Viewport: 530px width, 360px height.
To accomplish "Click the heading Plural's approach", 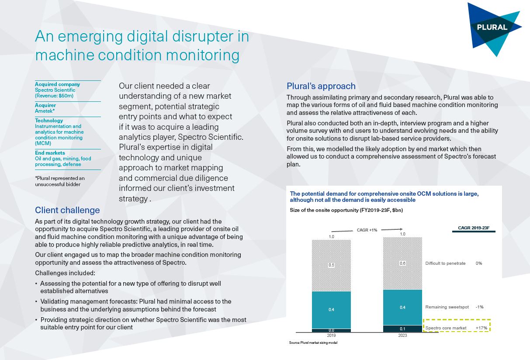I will tap(321, 86).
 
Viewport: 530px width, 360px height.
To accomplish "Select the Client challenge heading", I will tap(67, 210).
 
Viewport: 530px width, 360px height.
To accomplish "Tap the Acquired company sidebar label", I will tap(57, 84).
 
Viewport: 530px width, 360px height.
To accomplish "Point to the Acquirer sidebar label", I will tap(45, 105).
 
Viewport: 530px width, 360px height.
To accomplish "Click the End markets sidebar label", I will tap(50, 153).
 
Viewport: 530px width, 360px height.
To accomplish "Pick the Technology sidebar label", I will tap(49, 121).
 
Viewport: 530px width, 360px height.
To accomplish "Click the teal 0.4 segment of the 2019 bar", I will tap(331, 309).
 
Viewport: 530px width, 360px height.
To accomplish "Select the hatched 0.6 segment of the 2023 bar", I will tap(402, 263).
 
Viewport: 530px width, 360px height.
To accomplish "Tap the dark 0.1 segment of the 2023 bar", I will tap(402, 329).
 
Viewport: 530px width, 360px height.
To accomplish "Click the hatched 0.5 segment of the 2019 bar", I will tap(331, 265).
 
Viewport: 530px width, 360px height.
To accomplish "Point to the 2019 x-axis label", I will tap(331, 336).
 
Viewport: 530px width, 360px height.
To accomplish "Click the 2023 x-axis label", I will tap(402, 336).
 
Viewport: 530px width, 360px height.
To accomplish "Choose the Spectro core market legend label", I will tap(446, 328).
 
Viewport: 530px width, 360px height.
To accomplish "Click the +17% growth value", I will tap(481, 328).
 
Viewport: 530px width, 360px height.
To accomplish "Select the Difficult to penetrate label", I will tap(445, 263).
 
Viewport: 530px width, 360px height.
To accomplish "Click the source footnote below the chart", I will tap(313, 343).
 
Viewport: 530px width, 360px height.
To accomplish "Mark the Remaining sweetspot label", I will tap(447, 307).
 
